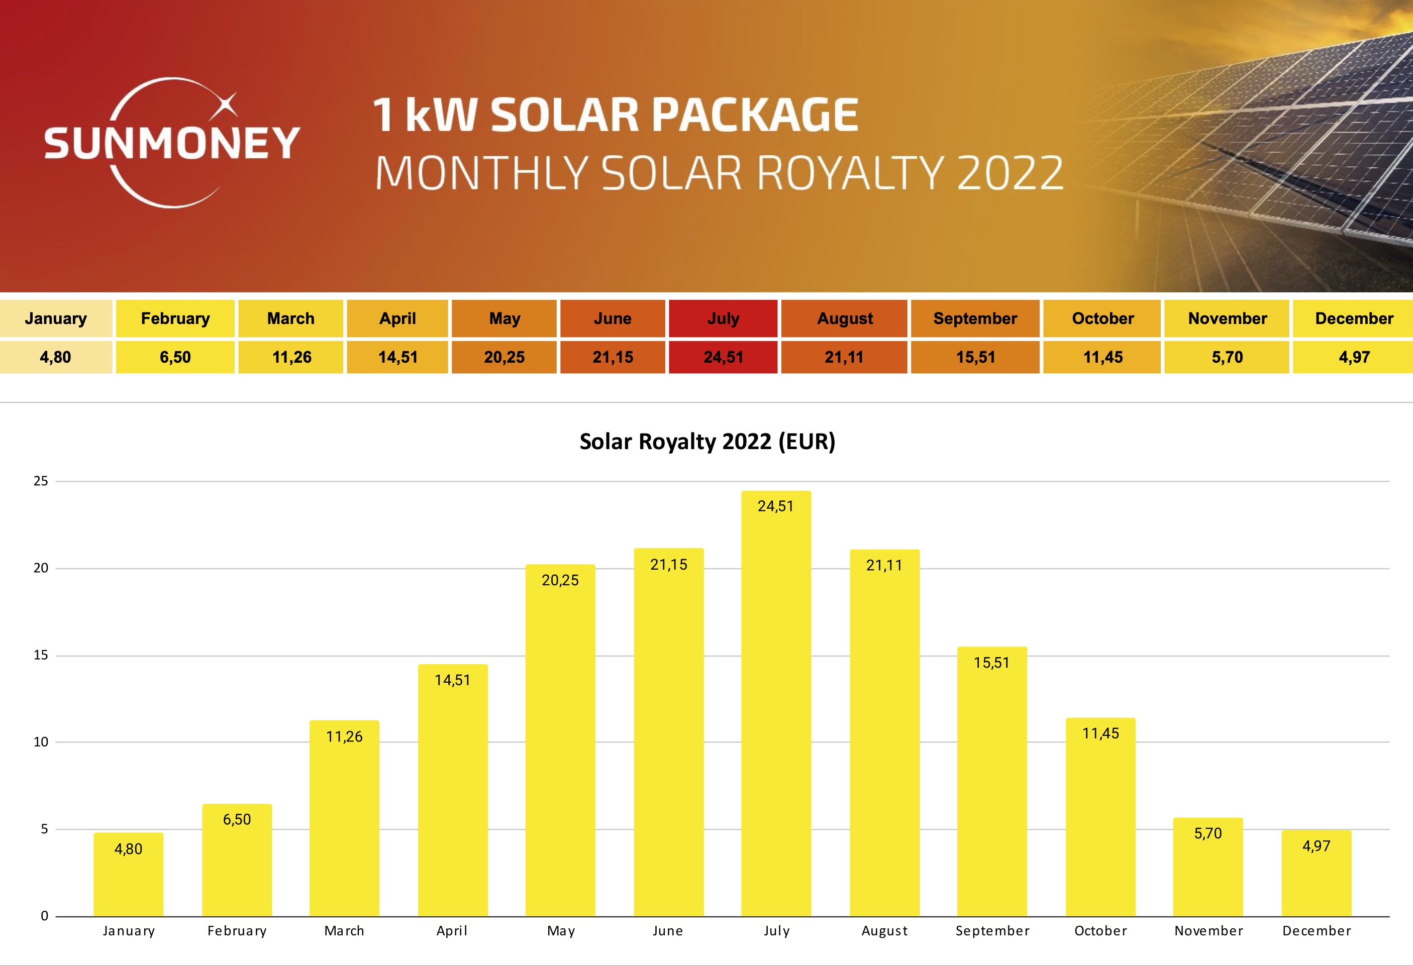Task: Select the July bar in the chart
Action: (776, 705)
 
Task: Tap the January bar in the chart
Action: (128, 876)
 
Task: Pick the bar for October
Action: (1100, 818)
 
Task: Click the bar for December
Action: (1317, 874)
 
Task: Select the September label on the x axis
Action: (992, 931)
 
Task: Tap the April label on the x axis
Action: (452, 931)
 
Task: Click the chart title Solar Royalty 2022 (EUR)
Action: (707, 442)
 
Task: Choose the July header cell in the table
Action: (723, 318)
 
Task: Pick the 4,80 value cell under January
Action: (55, 357)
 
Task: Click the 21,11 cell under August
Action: (844, 357)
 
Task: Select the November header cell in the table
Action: (1227, 318)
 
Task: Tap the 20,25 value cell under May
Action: (504, 357)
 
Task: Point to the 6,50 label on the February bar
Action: (237, 819)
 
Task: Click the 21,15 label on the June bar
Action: (669, 565)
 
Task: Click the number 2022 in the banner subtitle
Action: (1010, 173)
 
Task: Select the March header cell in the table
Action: (290, 318)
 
